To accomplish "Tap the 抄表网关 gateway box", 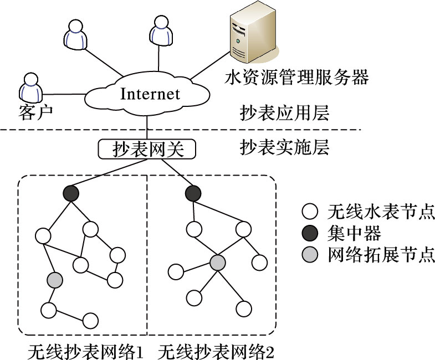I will pos(147,149).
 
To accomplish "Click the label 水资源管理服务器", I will pos(296,78).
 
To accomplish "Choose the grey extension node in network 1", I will pos(54,280).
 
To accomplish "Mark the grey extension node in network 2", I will pos(218,262).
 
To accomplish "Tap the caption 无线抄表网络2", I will pos(217,351).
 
